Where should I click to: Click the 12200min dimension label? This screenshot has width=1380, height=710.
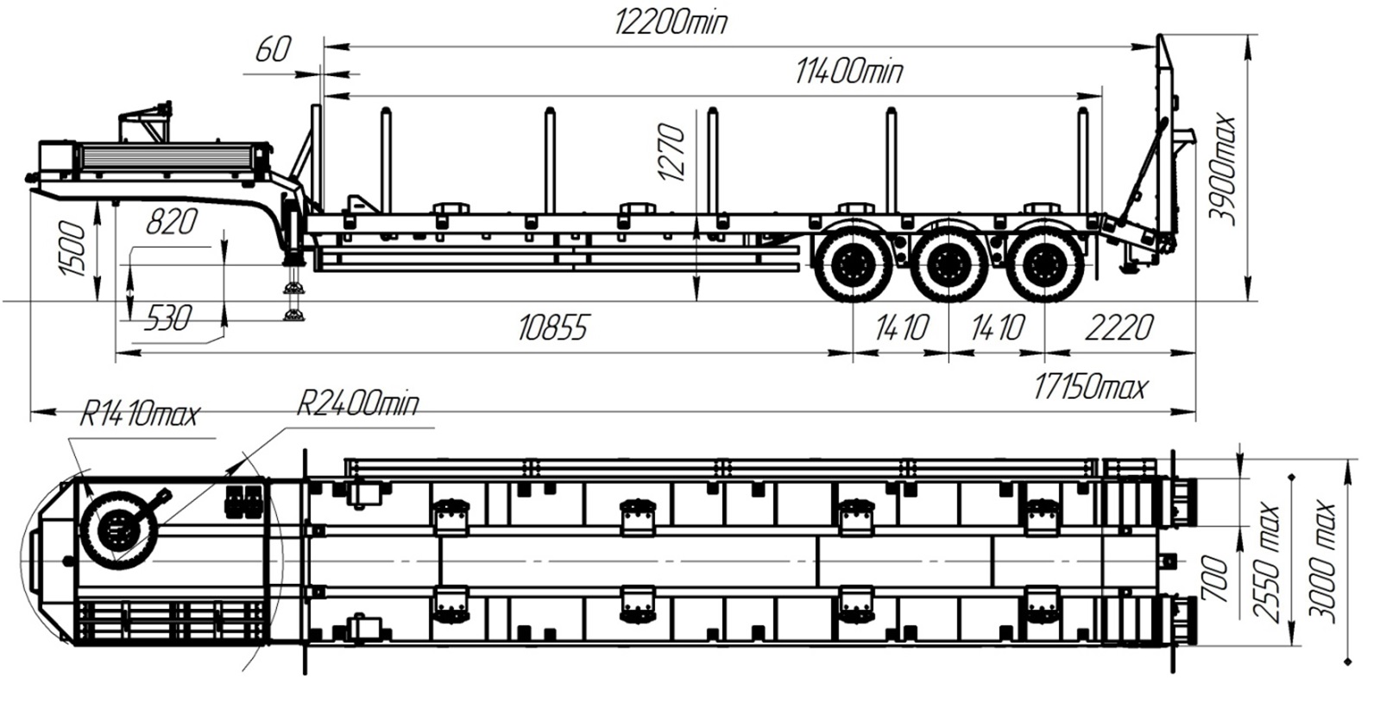pyautogui.click(x=671, y=22)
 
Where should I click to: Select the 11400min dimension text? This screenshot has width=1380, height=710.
pyautogui.click(x=848, y=72)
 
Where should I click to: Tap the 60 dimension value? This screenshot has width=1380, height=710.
pyautogui.click(x=272, y=50)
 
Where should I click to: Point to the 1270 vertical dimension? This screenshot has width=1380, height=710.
pyautogui.click(x=671, y=152)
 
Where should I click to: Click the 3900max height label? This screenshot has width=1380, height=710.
pyautogui.click(x=1222, y=169)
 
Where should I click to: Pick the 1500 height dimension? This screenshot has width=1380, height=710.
pyautogui.click(x=72, y=249)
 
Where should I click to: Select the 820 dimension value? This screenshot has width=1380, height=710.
pyautogui.click(x=172, y=222)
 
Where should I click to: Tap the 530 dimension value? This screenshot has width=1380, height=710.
pyautogui.click(x=169, y=319)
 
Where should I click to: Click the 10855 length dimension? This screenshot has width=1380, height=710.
pyautogui.click(x=552, y=327)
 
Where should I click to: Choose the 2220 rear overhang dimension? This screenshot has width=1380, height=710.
pyautogui.click(x=1118, y=327)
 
